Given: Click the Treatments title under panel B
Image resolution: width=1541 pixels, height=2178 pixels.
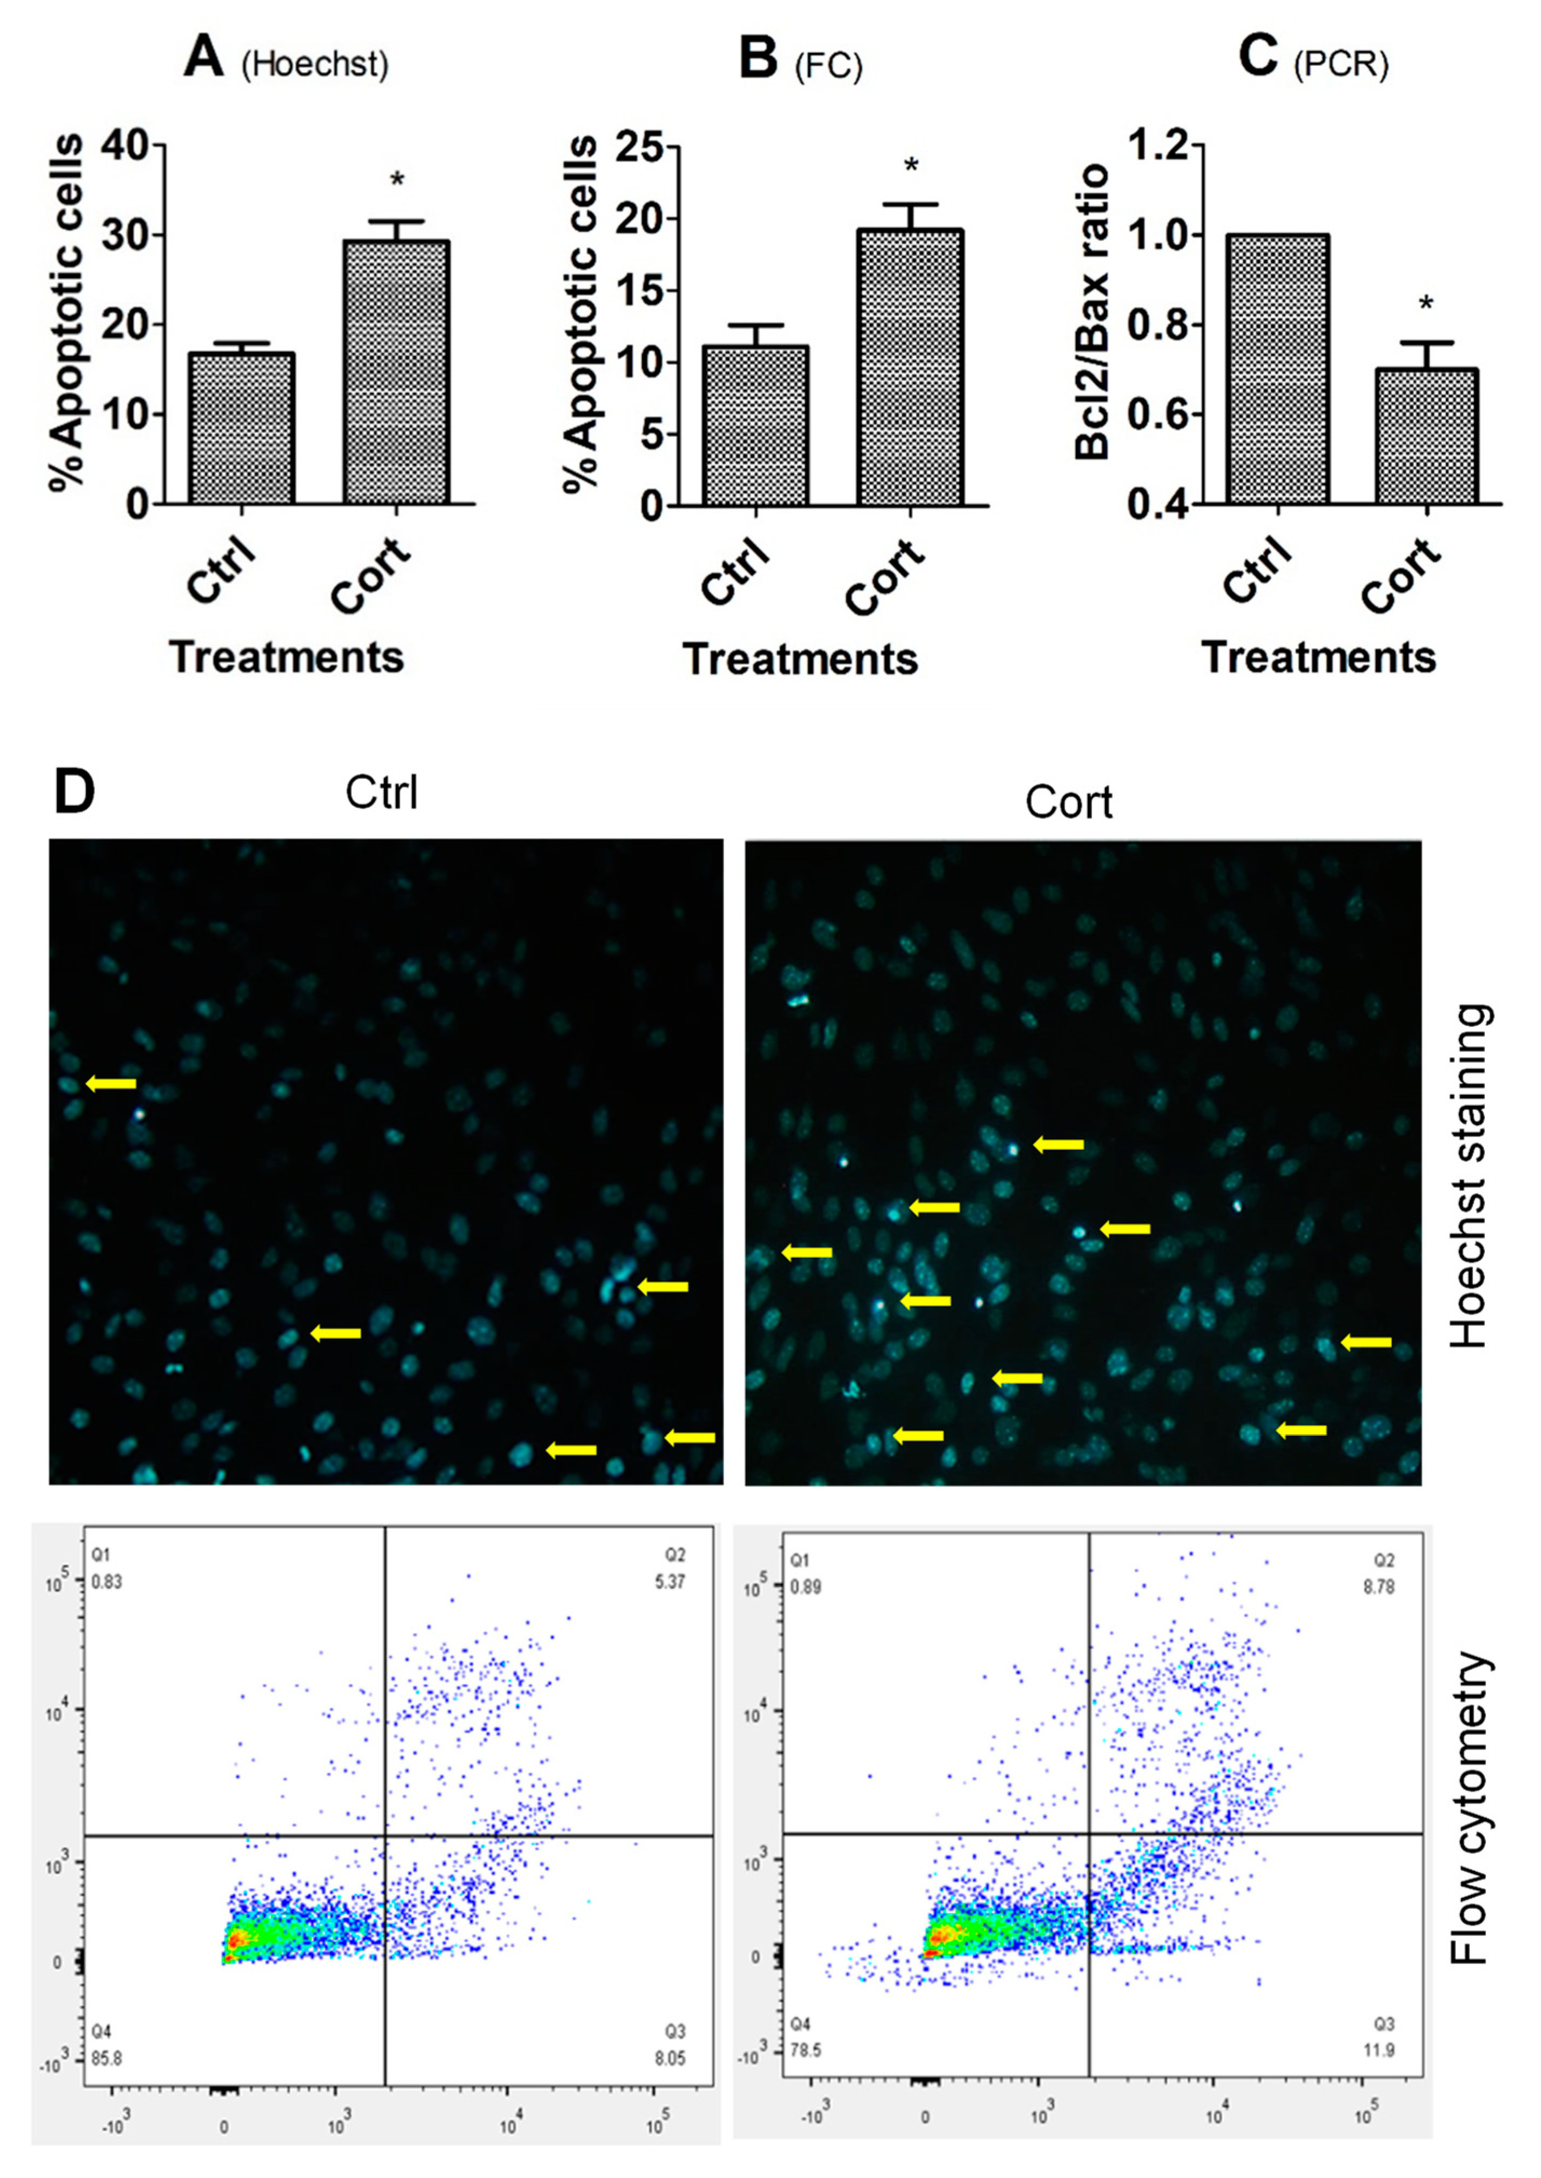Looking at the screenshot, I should [800, 658].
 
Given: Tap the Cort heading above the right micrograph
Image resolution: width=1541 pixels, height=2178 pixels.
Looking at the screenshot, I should [1068, 803].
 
